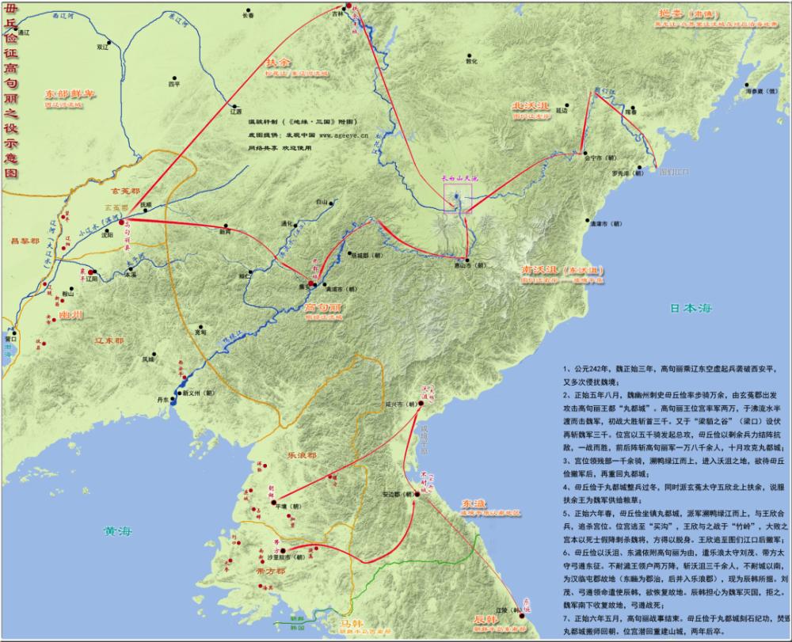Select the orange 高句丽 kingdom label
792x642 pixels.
point(324,306)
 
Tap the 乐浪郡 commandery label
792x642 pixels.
point(300,457)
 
